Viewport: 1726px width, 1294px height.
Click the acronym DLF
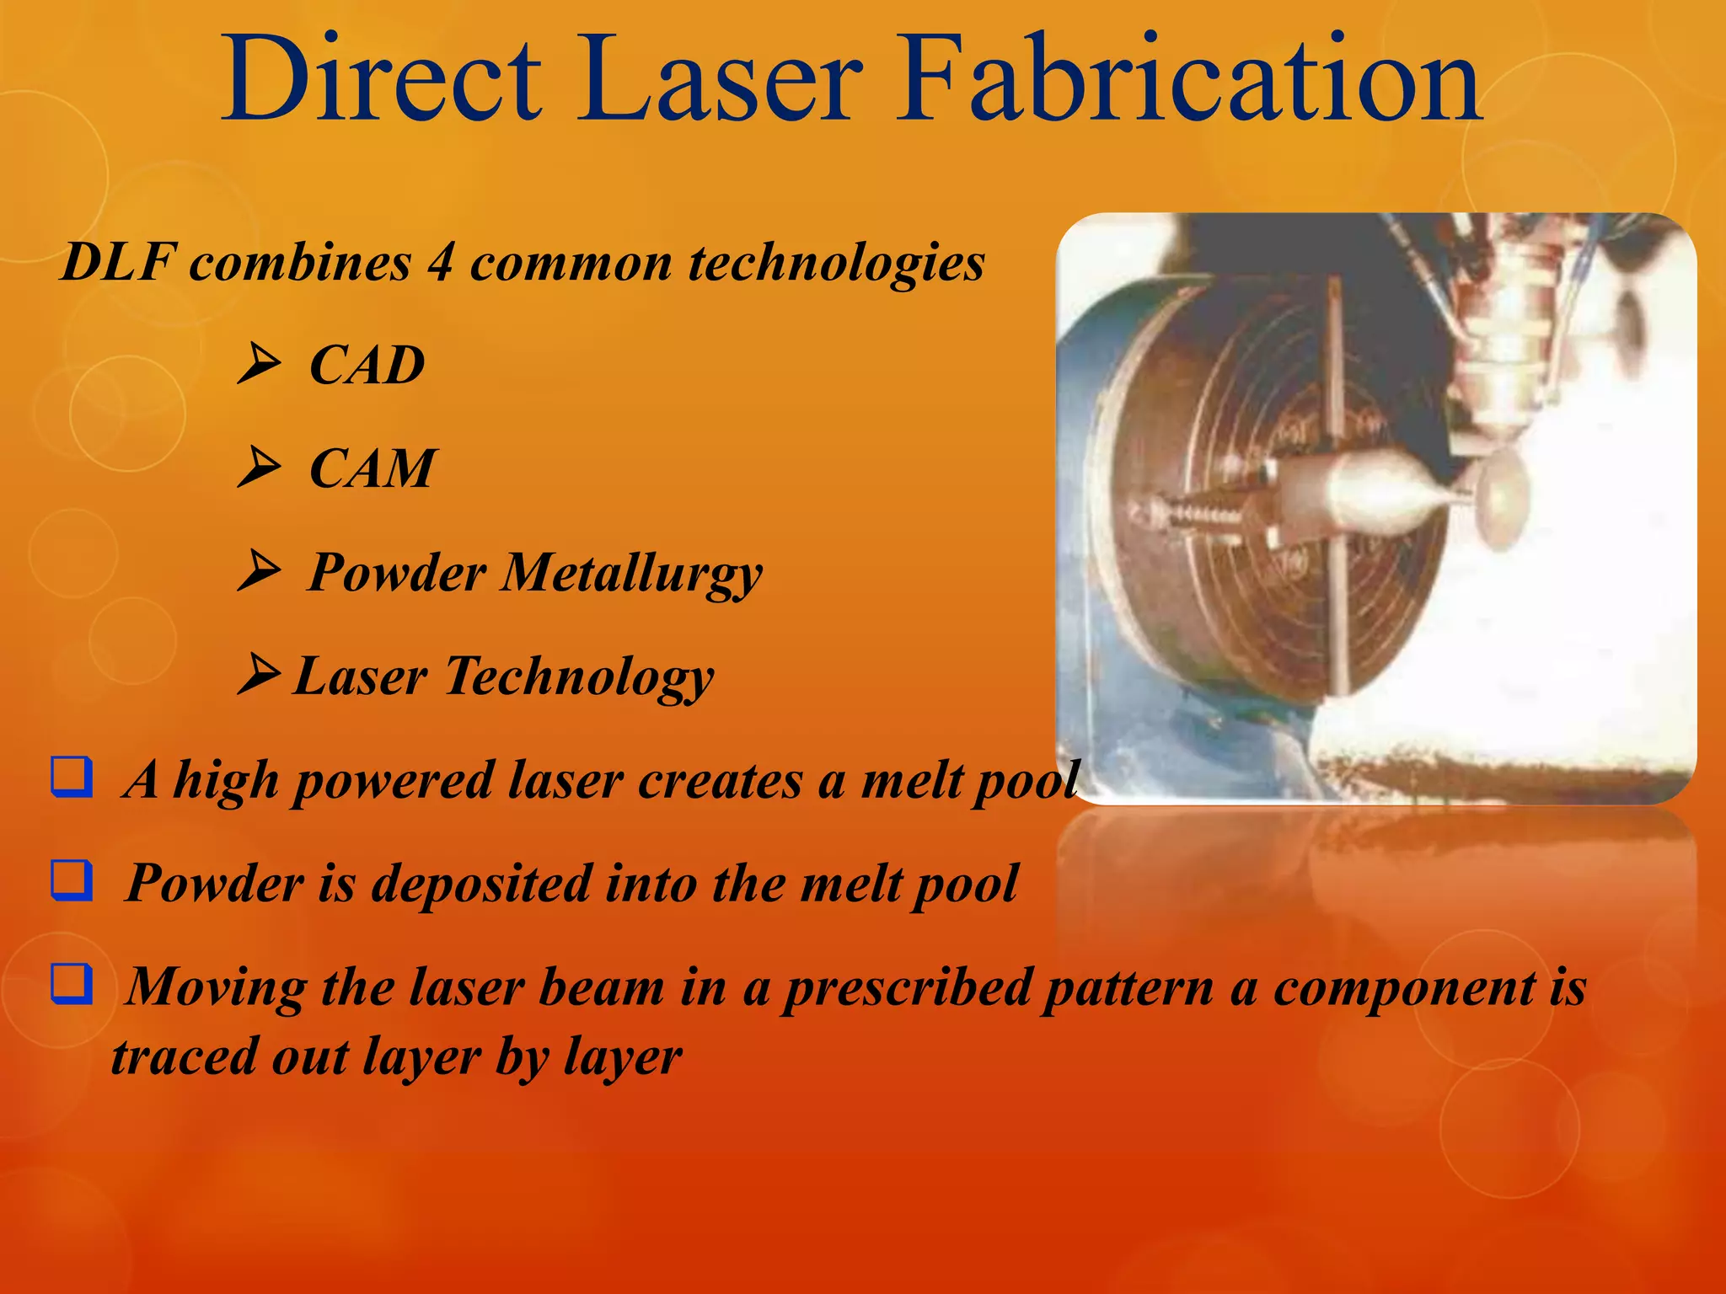pyautogui.click(x=118, y=262)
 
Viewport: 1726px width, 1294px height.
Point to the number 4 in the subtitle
pyautogui.click(x=440, y=262)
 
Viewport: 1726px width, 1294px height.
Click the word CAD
pyautogui.click(x=367, y=366)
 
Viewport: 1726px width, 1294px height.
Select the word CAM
pyautogui.click(x=372, y=469)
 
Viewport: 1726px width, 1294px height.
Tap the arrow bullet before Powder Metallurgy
pyautogui.click(x=259, y=571)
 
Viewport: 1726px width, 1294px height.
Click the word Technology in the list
pyautogui.click(x=580, y=677)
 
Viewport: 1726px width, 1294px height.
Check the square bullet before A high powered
pyautogui.click(x=72, y=778)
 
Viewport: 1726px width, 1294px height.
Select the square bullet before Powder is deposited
pyautogui.click(x=72, y=881)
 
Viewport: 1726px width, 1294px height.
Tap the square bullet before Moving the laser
pyautogui.click(x=72, y=984)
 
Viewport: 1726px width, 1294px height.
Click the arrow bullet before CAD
pyautogui.click(x=259, y=364)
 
